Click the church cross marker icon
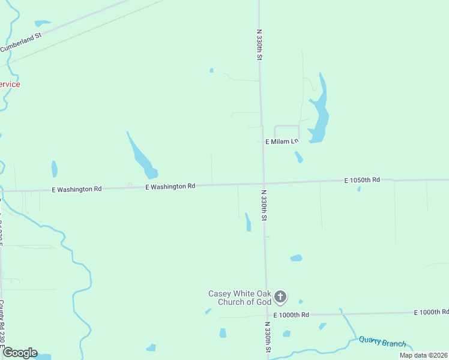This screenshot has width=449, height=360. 280,296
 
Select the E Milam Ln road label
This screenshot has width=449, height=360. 282,142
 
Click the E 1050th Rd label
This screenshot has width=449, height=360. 362,180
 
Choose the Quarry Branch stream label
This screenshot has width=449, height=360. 382,342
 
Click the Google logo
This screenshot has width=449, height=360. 20,352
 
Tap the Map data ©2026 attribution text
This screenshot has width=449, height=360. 423,355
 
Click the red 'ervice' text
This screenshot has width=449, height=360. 10,85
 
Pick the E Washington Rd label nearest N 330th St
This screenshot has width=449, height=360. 170,187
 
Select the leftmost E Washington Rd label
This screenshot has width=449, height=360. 76,189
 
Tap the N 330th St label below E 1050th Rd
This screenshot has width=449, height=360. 263,206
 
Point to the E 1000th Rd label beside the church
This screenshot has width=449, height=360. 291,315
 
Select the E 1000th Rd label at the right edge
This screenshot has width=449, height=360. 432,313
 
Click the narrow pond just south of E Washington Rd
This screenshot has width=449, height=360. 247,222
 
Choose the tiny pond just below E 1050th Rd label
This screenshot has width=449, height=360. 359,190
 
